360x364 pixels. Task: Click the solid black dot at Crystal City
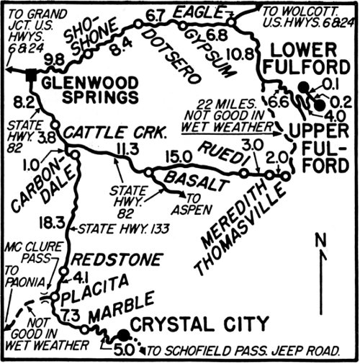pos(123,334)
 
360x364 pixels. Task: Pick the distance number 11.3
pos(126,149)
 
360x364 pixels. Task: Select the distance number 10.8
pos(243,53)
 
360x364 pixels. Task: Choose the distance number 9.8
pos(55,58)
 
